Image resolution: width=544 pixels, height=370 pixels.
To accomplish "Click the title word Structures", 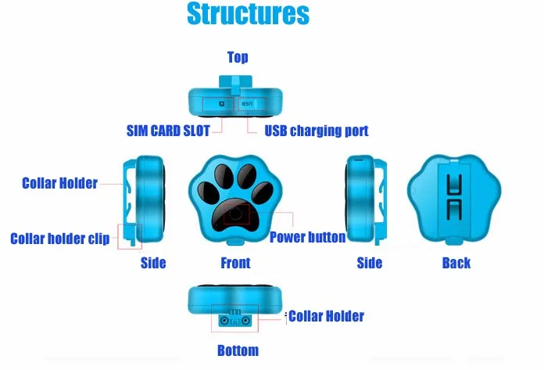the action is tap(248, 14).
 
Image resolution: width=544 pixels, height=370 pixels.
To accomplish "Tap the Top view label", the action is tap(238, 57).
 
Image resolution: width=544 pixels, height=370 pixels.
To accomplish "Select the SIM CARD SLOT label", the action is tap(168, 131).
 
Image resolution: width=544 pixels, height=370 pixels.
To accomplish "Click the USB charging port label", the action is tap(317, 131).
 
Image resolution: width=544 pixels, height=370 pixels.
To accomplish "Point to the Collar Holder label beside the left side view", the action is tap(59, 183).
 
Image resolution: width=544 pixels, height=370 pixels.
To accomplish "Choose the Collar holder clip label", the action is tap(60, 239).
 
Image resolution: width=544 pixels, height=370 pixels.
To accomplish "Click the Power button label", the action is tap(308, 237).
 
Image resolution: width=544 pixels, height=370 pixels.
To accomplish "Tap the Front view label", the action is tap(235, 263).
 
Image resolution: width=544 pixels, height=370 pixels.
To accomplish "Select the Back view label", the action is tap(456, 263).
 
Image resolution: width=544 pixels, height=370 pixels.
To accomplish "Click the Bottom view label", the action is tap(238, 350).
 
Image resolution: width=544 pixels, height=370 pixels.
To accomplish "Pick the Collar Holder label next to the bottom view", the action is tap(327, 316).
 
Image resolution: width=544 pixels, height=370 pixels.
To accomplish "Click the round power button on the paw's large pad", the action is tap(235, 214).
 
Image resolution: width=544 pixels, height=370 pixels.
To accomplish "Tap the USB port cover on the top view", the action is tap(252, 104).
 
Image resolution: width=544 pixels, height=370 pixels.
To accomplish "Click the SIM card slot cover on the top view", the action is tap(218, 104).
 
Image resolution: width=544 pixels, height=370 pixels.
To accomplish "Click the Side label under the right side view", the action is tap(370, 263).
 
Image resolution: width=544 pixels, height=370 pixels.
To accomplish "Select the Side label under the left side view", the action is tap(153, 263).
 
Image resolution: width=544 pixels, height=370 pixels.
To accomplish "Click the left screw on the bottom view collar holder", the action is tap(225, 321).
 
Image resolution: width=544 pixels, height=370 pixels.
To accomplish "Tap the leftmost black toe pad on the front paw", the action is tap(209, 192).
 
